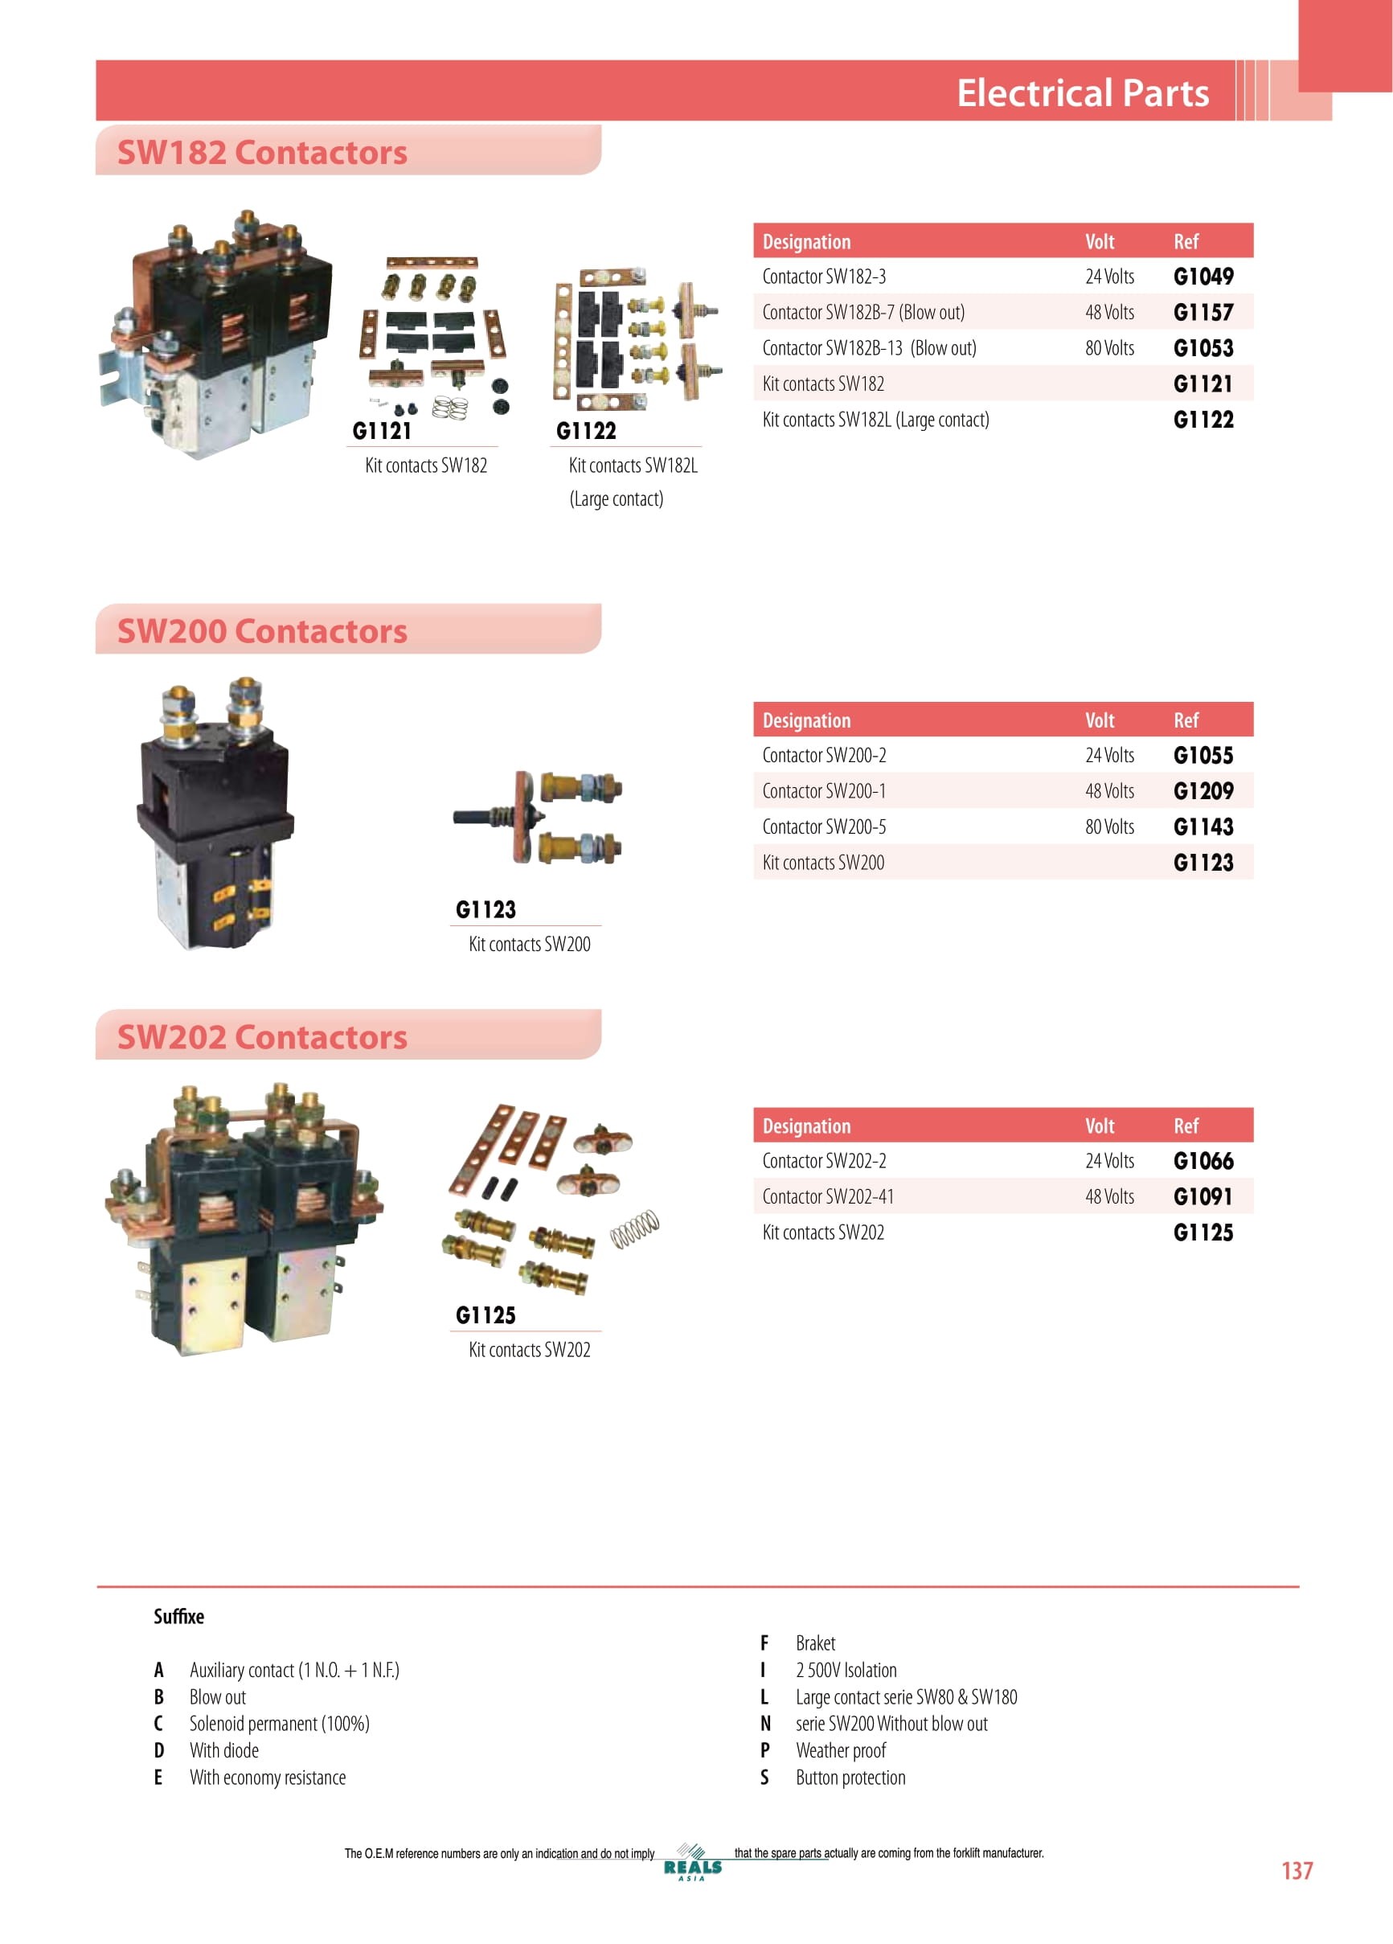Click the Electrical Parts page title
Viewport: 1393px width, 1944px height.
click(x=1083, y=92)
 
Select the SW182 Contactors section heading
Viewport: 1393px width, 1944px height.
click(x=262, y=152)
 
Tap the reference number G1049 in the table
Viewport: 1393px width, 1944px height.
click(x=1203, y=276)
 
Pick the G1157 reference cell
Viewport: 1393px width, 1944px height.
click(x=1203, y=312)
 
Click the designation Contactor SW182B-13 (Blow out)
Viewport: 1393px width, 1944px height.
click(x=869, y=348)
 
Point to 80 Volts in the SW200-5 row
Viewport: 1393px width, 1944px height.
click(x=1109, y=826)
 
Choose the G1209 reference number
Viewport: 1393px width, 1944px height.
click(x=1203, y=790)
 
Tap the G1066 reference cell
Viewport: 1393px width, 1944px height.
click(x=1203, y=1161)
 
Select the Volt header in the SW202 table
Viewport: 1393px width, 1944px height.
click(x=1100, y=1126)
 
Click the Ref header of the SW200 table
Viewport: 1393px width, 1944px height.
click(x=1186, y=720)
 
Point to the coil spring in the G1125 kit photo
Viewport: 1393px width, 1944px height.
click(x=635, y=1228)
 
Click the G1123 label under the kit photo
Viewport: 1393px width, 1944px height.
click(x=486, y=909)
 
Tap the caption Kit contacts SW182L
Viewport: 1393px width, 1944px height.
click(x=633, y=465)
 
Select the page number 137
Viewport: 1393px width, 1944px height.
click(x=1297, y=1870)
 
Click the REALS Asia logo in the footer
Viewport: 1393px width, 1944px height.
click(x=693, y=1863)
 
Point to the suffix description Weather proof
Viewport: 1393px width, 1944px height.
click(x=841, y=1750)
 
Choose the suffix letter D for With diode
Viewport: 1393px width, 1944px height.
click(x=158, y=1750)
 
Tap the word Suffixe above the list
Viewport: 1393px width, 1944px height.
click(x=178, y=1617)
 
